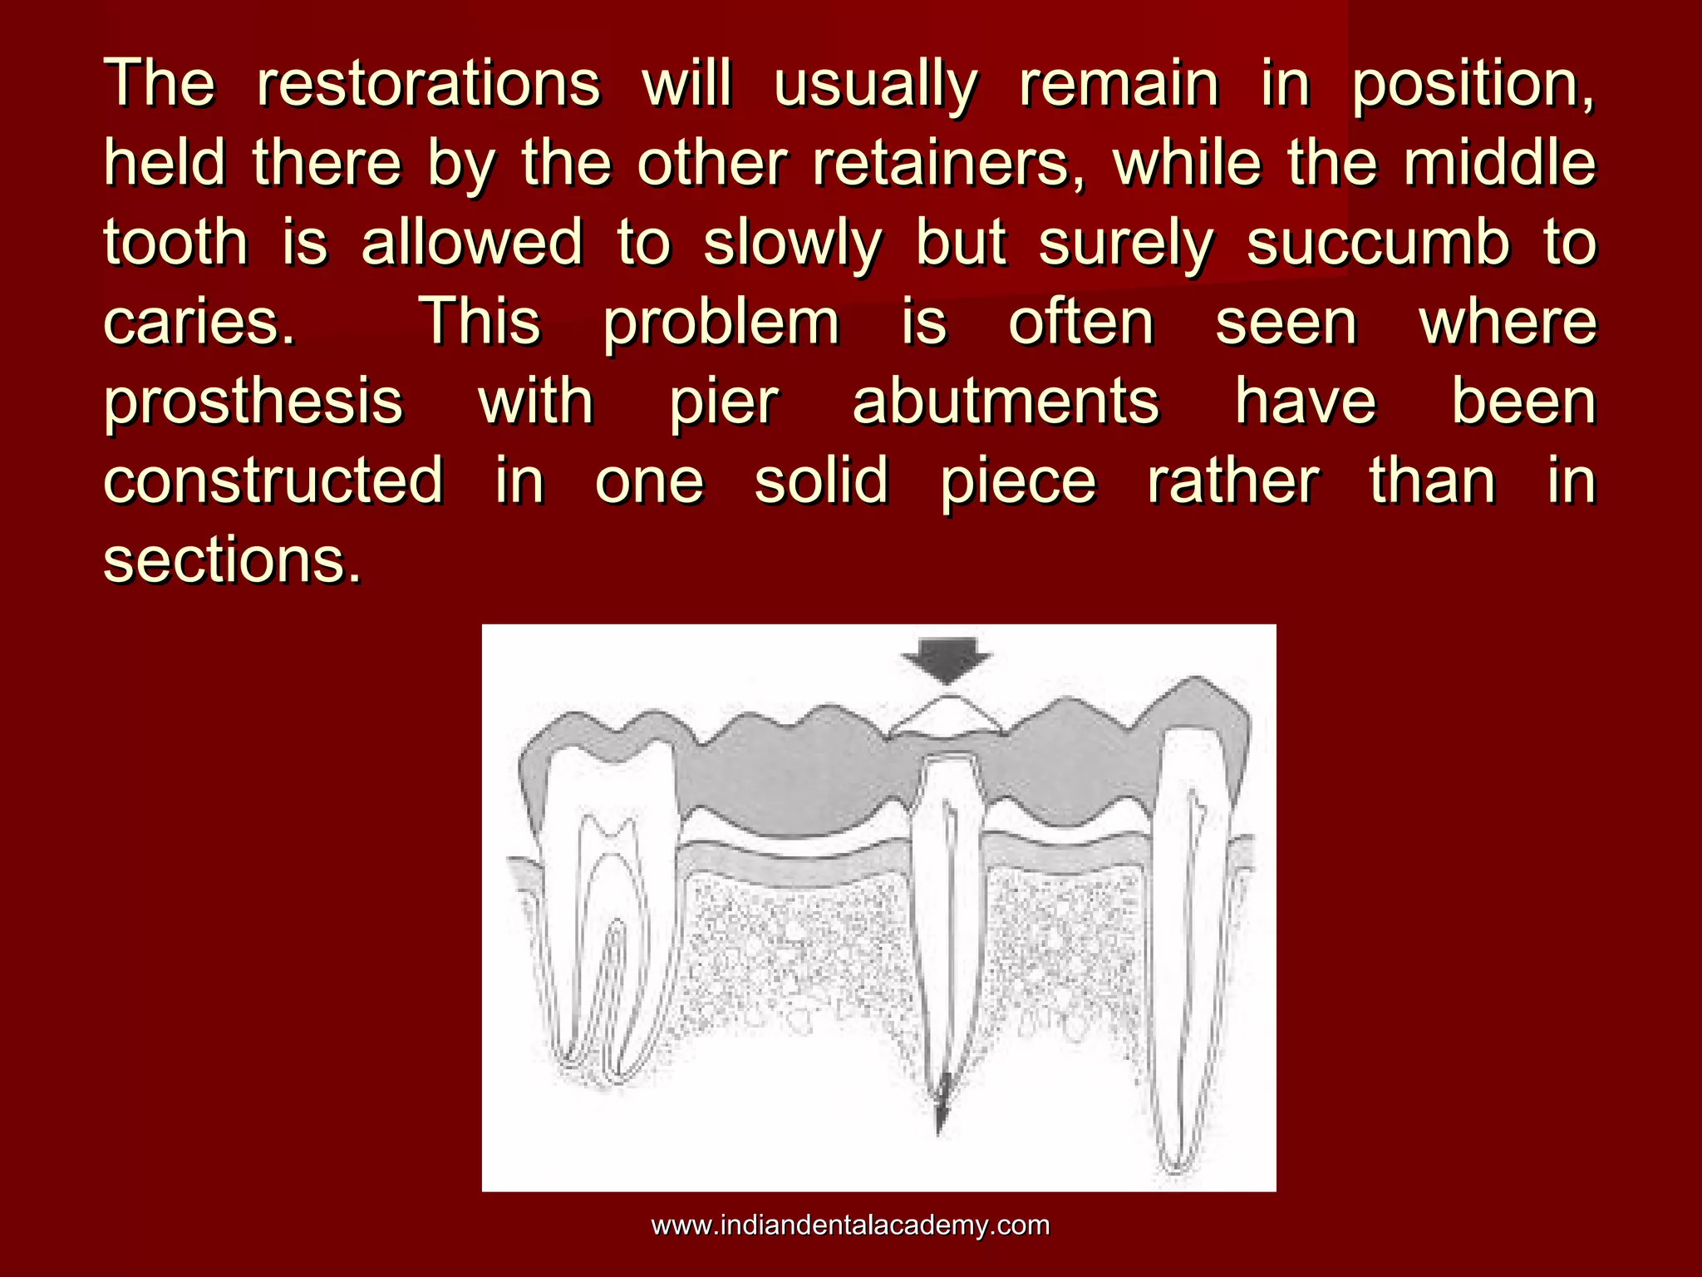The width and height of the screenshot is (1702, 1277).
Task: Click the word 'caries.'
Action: tap(199, 323)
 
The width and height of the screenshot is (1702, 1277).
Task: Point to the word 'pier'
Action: tap(724, 402)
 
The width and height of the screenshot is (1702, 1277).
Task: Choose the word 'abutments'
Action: tap(1006, 402)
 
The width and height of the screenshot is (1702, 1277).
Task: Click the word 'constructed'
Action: tap(273, 481)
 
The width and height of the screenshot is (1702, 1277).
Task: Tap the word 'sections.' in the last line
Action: tap(234, 560)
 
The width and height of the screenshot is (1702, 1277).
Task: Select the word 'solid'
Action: tap(821, 481)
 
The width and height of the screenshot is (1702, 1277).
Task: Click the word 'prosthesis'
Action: tap(253, 402)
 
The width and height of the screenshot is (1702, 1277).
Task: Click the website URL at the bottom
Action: tap(850, 1225)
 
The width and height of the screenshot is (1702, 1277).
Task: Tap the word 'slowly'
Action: tap(792, 243)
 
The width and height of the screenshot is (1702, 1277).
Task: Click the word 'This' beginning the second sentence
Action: tap(481, 323)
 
